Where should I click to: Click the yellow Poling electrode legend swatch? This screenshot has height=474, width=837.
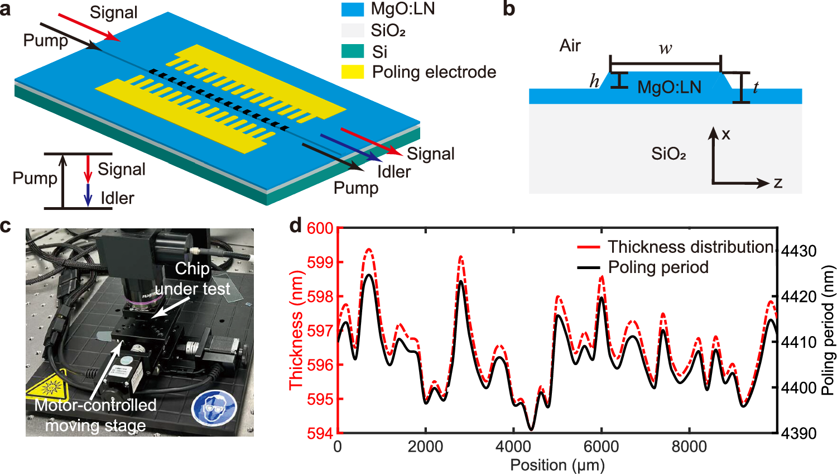352,72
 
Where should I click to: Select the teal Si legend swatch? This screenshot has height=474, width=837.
352,51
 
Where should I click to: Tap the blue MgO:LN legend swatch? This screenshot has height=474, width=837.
352,9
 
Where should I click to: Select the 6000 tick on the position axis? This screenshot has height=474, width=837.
601,447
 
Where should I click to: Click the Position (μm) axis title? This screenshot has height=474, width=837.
557,465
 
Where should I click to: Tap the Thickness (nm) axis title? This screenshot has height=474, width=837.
296,330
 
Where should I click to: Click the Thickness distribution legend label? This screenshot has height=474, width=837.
691,247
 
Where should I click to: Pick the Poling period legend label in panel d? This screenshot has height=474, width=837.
658,267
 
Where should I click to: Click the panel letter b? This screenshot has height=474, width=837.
508,9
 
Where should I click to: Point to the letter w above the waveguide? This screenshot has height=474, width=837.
665,49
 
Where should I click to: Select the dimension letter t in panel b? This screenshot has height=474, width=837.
756,87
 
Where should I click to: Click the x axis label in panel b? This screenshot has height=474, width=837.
725,134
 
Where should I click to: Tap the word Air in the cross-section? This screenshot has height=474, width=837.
570,45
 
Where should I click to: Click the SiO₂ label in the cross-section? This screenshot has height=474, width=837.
668,154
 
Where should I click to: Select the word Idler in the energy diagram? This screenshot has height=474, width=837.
117,198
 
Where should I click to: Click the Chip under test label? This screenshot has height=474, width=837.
193,279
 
